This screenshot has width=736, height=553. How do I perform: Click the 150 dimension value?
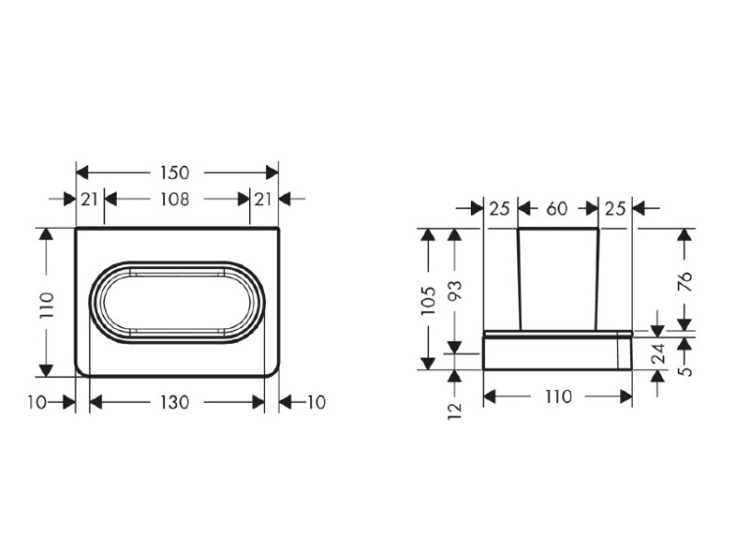[x=175, y=173]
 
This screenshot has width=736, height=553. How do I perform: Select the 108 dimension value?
[x=175, y=199]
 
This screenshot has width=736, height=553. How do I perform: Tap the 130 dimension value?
[x=175, y=402]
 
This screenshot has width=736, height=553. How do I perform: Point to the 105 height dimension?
[x=429, y=300]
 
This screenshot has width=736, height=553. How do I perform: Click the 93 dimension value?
[x=454, y=290]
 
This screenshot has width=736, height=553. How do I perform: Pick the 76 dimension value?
[x=686, y=282]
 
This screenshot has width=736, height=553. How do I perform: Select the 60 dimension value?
[x=557, y=208]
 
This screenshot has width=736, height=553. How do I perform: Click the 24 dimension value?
[x=660, y=354]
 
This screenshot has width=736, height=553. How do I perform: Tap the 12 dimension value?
[x=454, y=411]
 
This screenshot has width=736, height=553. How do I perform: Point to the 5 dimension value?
[x=686, y=370]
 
